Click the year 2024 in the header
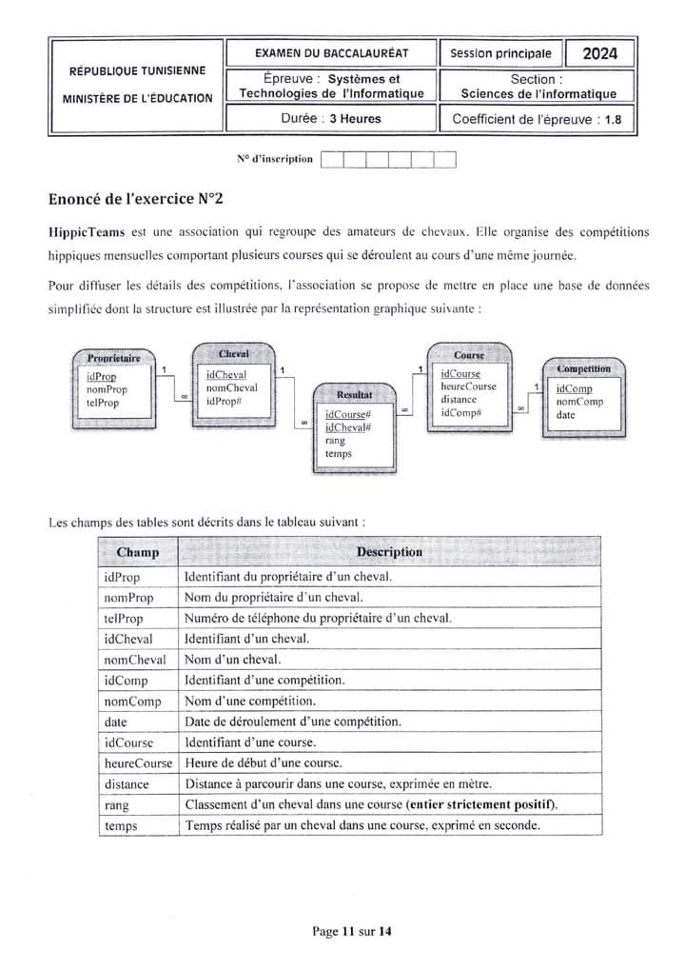coord(599,53)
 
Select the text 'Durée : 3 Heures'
coord(331,119)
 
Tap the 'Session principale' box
coord(500,53)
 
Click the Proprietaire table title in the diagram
coord(113,358)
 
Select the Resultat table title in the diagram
coord(354,393)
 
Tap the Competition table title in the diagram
coord(584,368)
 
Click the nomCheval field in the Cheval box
coord(231,388)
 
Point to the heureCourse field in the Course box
coord(468,387)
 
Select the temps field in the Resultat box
coord(338,454)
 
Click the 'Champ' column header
coord(138,552)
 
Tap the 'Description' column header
coord(389,552)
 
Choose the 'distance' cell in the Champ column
coord(127,784)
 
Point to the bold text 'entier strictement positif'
coord(481,805)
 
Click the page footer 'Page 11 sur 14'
coord(351,932)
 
